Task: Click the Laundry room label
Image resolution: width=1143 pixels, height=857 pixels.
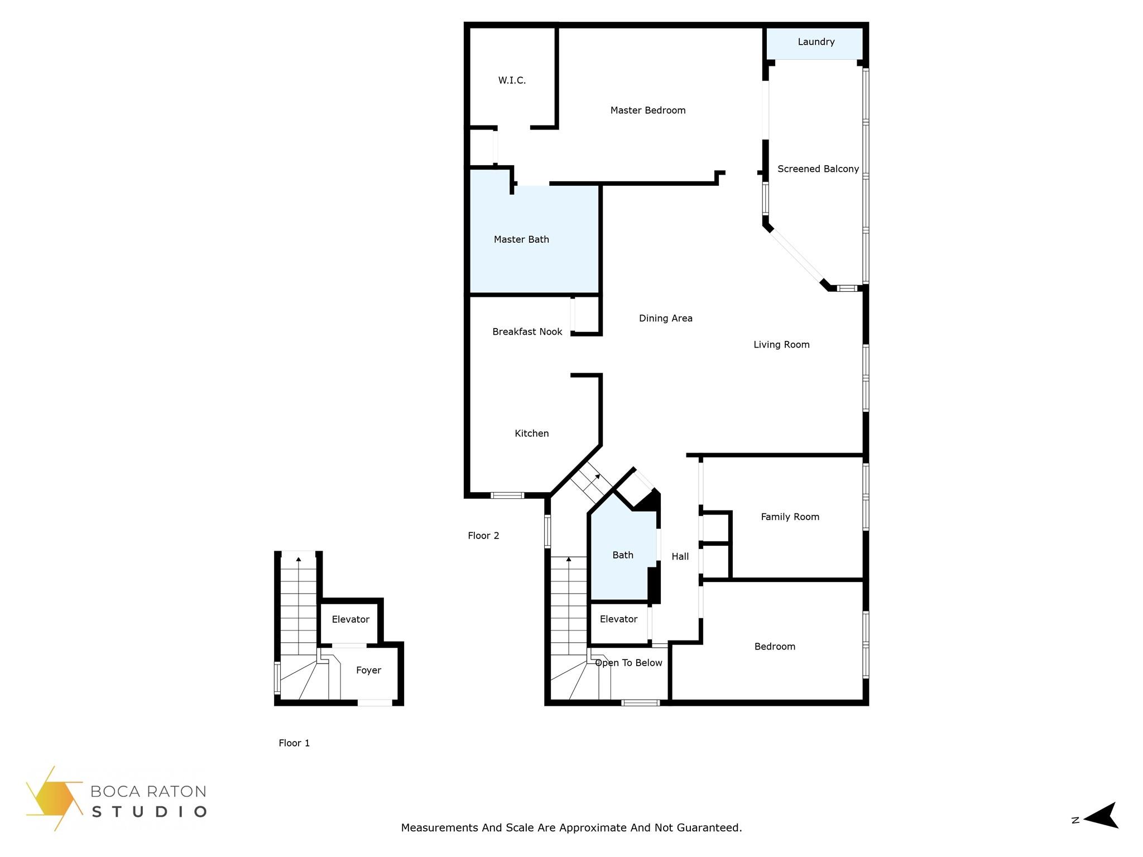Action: point(816,42)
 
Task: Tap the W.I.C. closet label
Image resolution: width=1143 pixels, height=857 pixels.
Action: point(512,80)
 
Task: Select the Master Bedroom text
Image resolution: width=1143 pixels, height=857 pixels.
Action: point(648,110)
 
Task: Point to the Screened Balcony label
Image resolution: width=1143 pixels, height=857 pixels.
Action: point(818,169)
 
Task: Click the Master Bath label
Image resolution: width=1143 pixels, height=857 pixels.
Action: point(521,239)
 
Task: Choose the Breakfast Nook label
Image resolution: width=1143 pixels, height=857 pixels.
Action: point(527,332)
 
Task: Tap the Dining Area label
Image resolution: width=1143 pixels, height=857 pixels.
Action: point(666,319)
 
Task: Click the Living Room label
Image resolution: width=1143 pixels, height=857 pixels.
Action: point(781,345)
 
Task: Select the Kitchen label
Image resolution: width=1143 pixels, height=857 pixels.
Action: point(532,434)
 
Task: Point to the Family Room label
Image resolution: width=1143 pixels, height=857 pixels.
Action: point(790,517)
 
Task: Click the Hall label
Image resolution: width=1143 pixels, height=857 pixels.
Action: point(680,556)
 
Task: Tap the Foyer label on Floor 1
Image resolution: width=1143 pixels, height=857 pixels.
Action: point(368,671)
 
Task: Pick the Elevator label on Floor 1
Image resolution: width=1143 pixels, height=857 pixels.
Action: point(350,619)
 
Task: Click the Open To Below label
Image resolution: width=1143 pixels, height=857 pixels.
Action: point(629,663)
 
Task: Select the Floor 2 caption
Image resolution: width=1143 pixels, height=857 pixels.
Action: point(483,536)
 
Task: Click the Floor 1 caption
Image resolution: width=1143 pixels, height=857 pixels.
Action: point(294,743)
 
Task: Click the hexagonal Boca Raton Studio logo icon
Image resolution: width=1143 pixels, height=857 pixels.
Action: point(54,798)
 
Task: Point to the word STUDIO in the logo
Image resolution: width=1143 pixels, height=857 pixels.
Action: point(149,812)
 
